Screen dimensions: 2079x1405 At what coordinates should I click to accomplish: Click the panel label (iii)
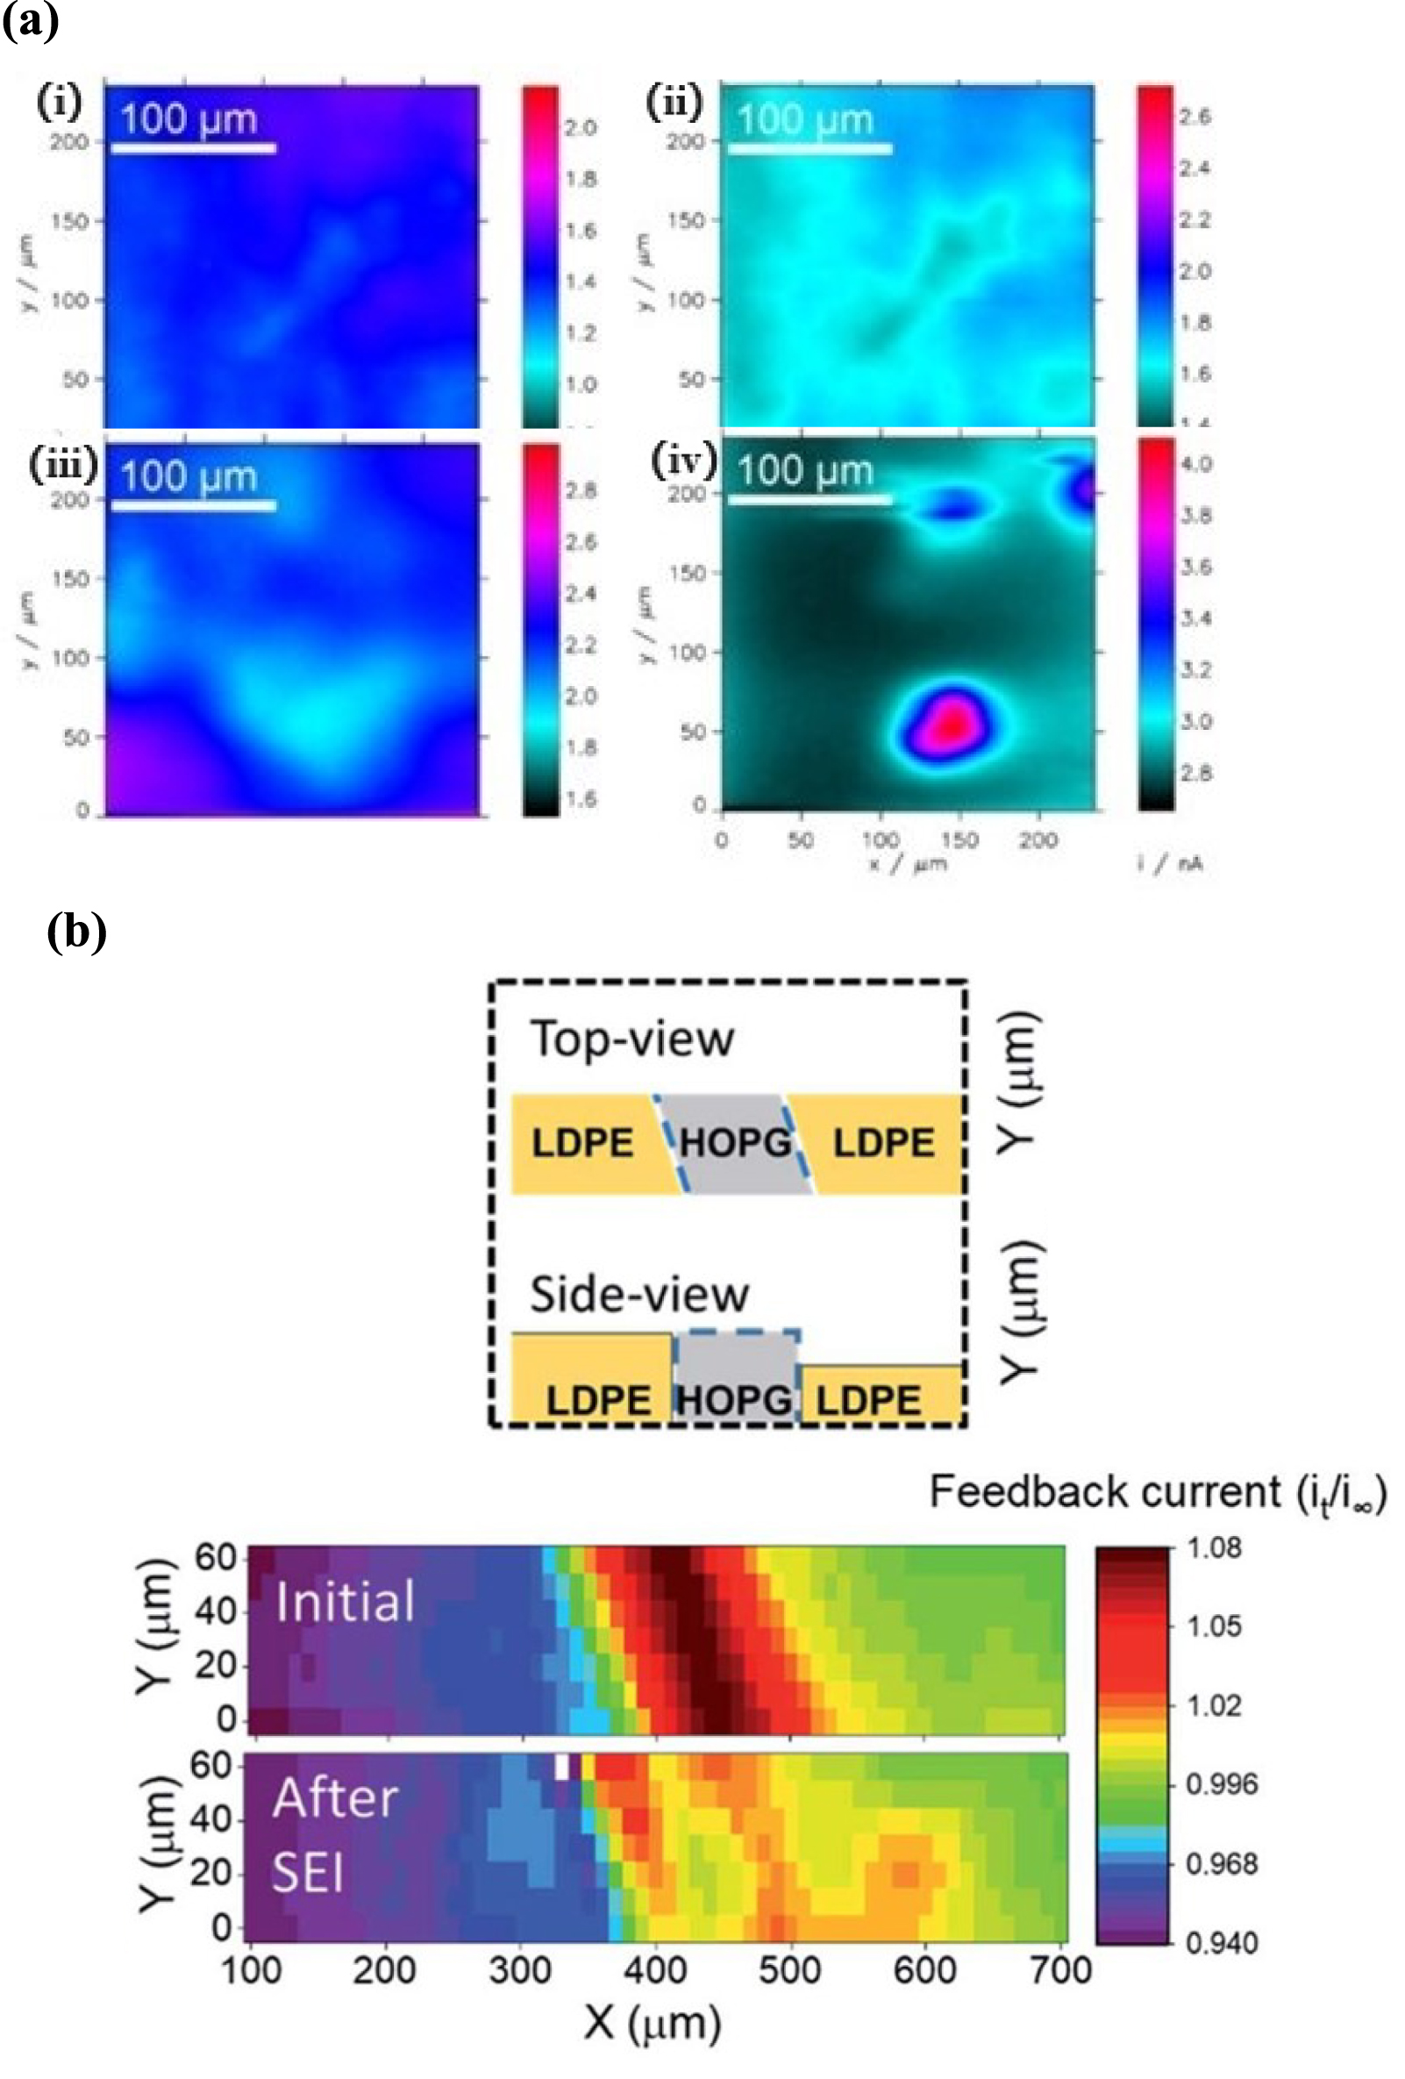coord(62,464)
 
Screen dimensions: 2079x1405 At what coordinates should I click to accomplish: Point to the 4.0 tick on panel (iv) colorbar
coord(1195,464)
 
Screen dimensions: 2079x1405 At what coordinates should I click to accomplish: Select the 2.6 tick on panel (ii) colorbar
coord(1195,117)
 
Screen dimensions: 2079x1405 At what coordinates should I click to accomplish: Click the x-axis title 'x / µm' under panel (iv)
coord(907,864)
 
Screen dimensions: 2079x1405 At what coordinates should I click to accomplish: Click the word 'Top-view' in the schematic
coord(632,1039)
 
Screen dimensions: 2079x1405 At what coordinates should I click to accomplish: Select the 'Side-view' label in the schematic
coord(638,1295)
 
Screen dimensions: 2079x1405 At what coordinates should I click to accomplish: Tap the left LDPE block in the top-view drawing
coord(583,1143)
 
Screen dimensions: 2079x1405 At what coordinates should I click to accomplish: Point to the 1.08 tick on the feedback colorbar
coord(1213,1548)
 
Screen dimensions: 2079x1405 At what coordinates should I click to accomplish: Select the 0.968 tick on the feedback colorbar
coord(1221,1864)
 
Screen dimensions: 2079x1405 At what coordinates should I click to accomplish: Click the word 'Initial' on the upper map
coord(346,1601)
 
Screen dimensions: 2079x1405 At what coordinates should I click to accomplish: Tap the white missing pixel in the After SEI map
coord(562,1767)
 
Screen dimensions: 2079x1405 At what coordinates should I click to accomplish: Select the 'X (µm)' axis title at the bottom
coord(653,2024)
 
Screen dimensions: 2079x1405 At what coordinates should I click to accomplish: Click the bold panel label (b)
coord(77,932)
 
